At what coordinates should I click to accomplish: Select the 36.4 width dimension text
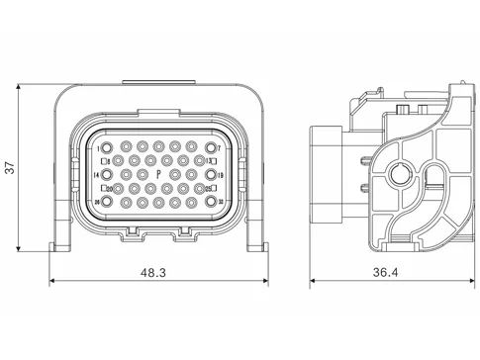pyautogui.click(x=385, y=269)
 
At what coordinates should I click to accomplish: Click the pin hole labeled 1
pyautogui.click(x=107, y=147)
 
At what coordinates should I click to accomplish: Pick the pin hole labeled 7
pyautogui.click(x=211, y=147)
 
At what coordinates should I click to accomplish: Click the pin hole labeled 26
pyautogui.click(x=107, y=201)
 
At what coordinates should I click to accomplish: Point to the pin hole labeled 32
pyautogui.click(x=211, y=201)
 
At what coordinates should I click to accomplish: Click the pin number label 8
pyautogui.click(x=109, y=160)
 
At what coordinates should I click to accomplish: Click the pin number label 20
pyautogui.click(x=109, y=188)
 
